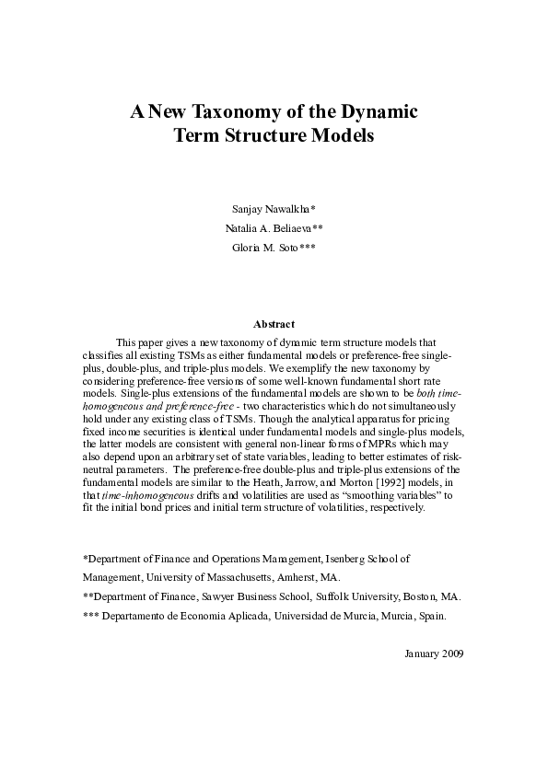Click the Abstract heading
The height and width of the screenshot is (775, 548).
[x=274, y=323]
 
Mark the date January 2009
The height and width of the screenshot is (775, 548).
[x=434, y=653]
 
